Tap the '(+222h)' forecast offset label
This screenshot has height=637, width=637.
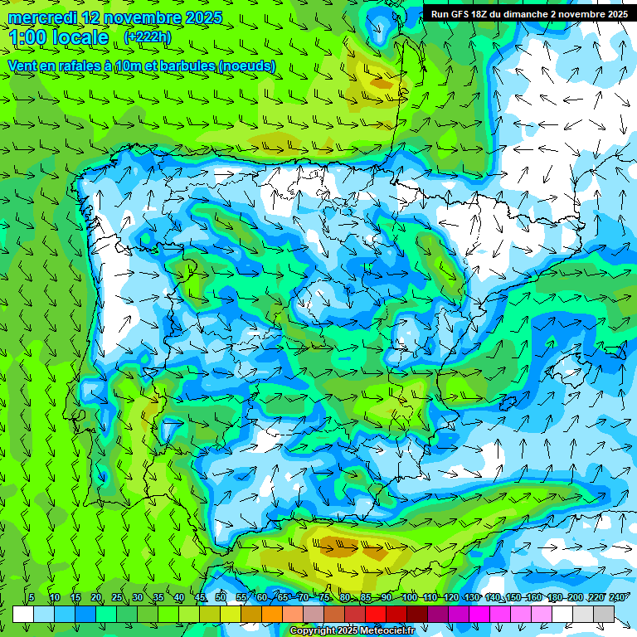point(147,36)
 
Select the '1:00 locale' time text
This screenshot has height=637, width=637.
point(60,37)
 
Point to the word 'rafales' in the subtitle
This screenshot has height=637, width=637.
point(83,66)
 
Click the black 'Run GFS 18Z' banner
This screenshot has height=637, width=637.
point(528,14)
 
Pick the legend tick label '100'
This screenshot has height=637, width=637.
point(409,598)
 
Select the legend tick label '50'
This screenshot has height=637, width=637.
point(221,598)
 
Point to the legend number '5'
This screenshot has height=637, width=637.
point(32,598)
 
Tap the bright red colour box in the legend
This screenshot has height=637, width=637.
point(376,614)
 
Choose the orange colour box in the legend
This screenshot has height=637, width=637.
point(272,614)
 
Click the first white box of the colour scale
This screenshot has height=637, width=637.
point(23,614)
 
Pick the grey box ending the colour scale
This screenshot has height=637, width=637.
point(604,614)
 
